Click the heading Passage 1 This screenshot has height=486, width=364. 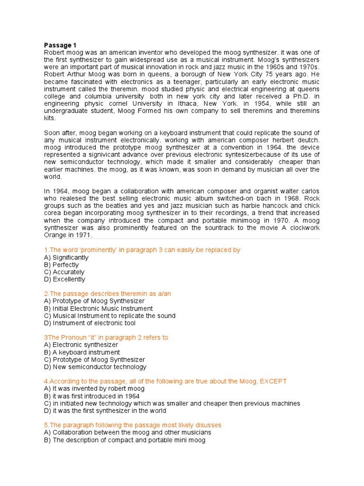click(60, 45)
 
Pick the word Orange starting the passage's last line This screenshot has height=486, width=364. click(55, 235)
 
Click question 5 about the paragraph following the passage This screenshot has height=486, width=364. click(132, 425)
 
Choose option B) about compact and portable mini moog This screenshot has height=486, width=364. click(125, 440)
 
